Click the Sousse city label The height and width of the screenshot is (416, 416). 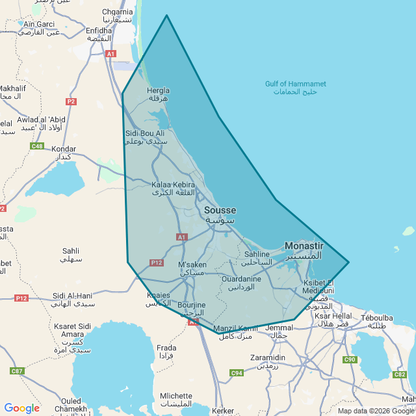pyautogui.click(x=220, y=211)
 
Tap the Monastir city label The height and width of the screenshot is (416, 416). pyautogui.click(x=304, y=246)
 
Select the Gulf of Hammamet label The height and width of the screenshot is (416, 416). pyautogui.click(x=295, y=84)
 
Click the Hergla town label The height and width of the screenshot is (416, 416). pyautogui.click(x=159, y=91)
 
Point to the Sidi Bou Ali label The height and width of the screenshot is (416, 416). pyautogui.click(x=145, y=133)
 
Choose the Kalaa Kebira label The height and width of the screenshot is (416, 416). pyautogui.click(x=173, y=185)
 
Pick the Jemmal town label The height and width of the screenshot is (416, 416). pyautogui.click(x=280, y=328)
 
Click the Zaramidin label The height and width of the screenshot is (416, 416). pyautogui.click(x=268, y=357)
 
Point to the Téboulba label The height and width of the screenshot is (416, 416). pyautogui.click(x=377, y=318)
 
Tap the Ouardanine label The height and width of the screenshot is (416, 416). pyautogui.click(x=241, y=279)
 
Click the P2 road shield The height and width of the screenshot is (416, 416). pyautogui.click(x=71, y=101)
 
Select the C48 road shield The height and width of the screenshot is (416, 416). pyautogui.click(x=37, y=146)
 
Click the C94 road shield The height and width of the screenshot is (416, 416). pyautogui.click(x=236, y=373)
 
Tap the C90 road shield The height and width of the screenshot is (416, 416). pyautogui.click(x=350, y=359)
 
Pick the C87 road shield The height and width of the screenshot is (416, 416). pyautogui.click(x=17, y=370)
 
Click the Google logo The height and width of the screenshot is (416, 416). pyautogui.click(x=21, y=408)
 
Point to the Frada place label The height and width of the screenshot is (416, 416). pyautogui.click(x=166, y=348)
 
